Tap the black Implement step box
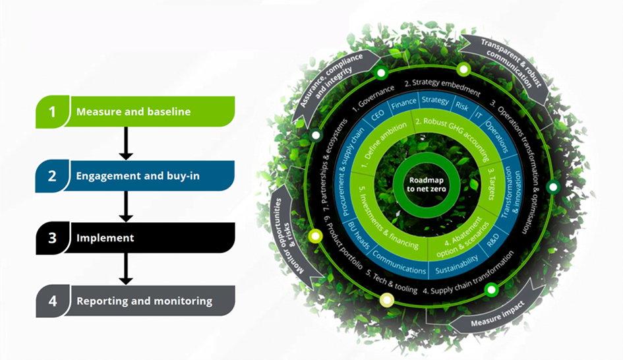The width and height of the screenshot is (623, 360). click(135, 238)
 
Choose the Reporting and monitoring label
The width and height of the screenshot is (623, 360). click(144, 301)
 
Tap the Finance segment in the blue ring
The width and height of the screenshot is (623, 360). click(403, 104)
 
